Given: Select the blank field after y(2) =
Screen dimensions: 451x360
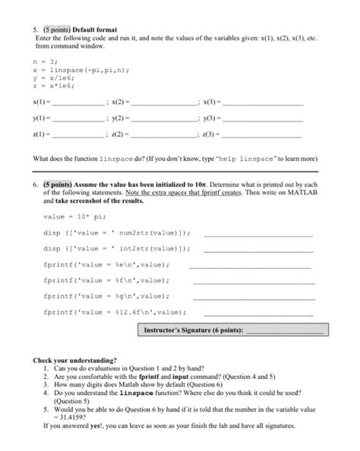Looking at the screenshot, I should (x=164, y=119).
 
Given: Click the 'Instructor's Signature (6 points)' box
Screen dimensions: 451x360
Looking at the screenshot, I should (x=234, y=330).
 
